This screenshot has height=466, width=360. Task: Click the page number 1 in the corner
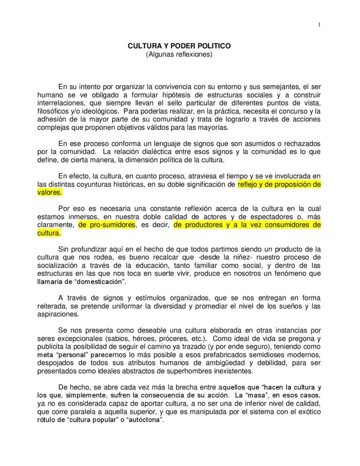click(319, 24)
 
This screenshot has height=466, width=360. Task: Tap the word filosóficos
click(54, 111)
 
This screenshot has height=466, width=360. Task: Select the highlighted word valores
click(48, 192)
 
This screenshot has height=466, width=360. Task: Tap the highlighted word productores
click(203, 225)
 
